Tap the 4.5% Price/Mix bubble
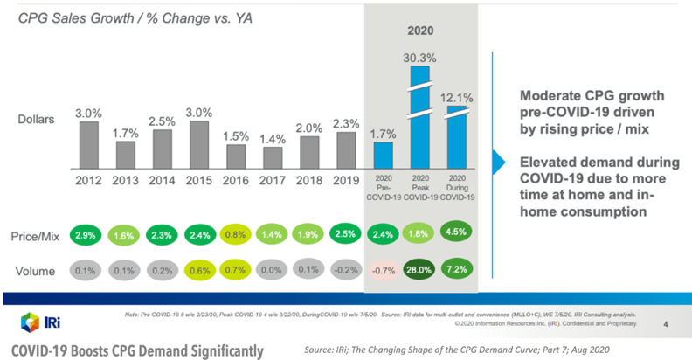coord(458,234)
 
